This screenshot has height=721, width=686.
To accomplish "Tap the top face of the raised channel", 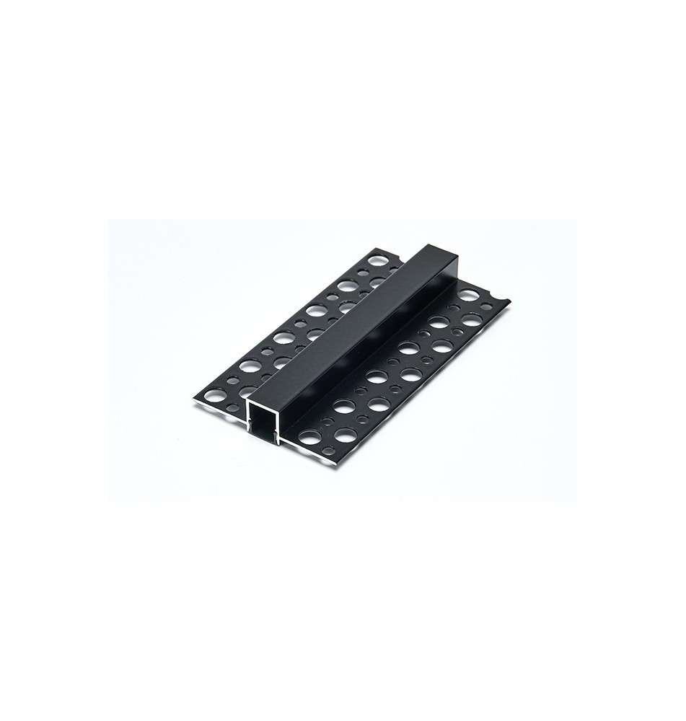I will pos(339,324).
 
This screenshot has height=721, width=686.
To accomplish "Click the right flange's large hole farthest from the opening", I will pos(468,295).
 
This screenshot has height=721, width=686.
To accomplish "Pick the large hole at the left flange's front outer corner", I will pos(214,395).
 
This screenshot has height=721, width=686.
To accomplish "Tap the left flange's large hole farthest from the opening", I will pos(376,260).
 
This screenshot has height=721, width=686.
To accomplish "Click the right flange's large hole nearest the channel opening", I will pos(310,437).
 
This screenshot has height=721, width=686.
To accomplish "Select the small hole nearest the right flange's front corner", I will pos(329,450).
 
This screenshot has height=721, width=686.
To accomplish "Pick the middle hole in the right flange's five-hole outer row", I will pos(408,349).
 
